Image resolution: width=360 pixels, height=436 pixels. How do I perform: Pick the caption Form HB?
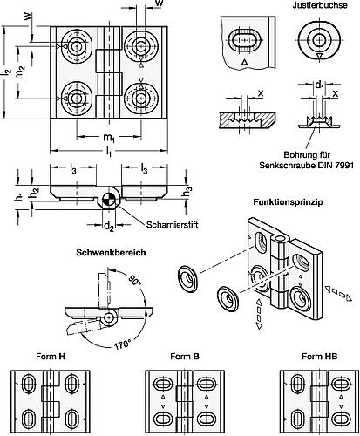point(310,357)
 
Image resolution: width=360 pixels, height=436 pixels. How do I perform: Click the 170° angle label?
point(123,340)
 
